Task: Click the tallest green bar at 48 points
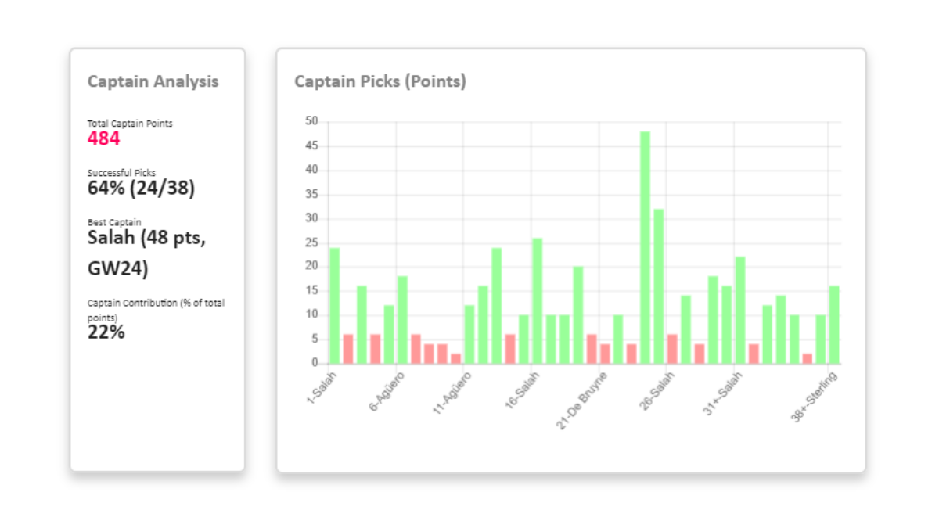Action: (x=645, y=247)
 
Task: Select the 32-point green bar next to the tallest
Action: (x=659, y=286)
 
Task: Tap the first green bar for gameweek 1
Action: (x=334, y=306)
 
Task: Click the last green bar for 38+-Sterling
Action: (x=834, y=325)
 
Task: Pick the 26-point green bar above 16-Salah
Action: (x=537, y=301)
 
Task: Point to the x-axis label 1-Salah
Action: (x=322, y=389)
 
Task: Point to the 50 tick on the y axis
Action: (x=312, y=121)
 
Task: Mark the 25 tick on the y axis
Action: (x=312, y=242)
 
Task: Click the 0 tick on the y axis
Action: (x=315, y=363)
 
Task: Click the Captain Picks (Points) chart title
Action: (x=380, y=81)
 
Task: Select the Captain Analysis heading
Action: (x=153, y=81)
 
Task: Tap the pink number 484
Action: (x=104, y=139)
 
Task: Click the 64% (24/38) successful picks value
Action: (x=141, y=188)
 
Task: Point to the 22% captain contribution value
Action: (x=106, y=332)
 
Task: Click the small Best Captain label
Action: (x=114, y=222)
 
